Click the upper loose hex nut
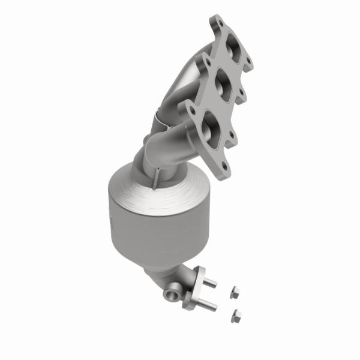tap(235, 292)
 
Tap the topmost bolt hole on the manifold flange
tap(218, 23)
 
